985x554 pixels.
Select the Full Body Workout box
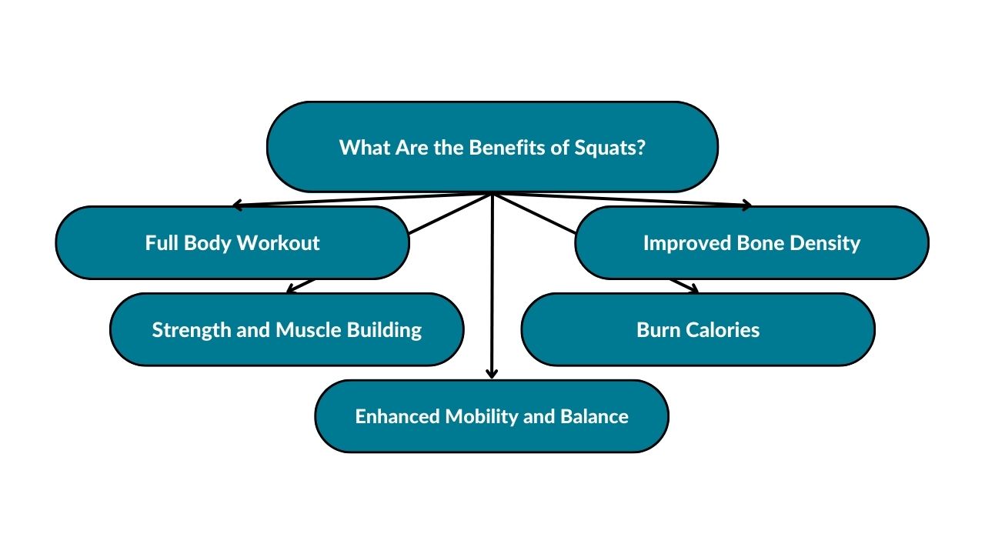click(232, 242)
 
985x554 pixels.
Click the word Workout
click(279, 242)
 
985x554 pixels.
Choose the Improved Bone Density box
click(752, 242)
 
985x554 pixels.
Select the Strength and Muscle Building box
click(287, 329)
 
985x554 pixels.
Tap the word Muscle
click(309, 330)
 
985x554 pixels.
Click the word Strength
click(192, 330)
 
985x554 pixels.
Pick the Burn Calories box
click(698, 329)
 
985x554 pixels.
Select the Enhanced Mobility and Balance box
click(492, 416)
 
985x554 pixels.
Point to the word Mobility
click(481, 417)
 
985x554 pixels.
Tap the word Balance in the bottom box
click(595, 416)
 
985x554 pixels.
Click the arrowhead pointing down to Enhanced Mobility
click(492, 374)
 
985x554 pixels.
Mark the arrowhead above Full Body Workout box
click(238, 205)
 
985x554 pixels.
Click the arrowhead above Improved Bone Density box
click(746, 205)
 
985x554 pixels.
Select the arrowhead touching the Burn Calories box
click(694, 289)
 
